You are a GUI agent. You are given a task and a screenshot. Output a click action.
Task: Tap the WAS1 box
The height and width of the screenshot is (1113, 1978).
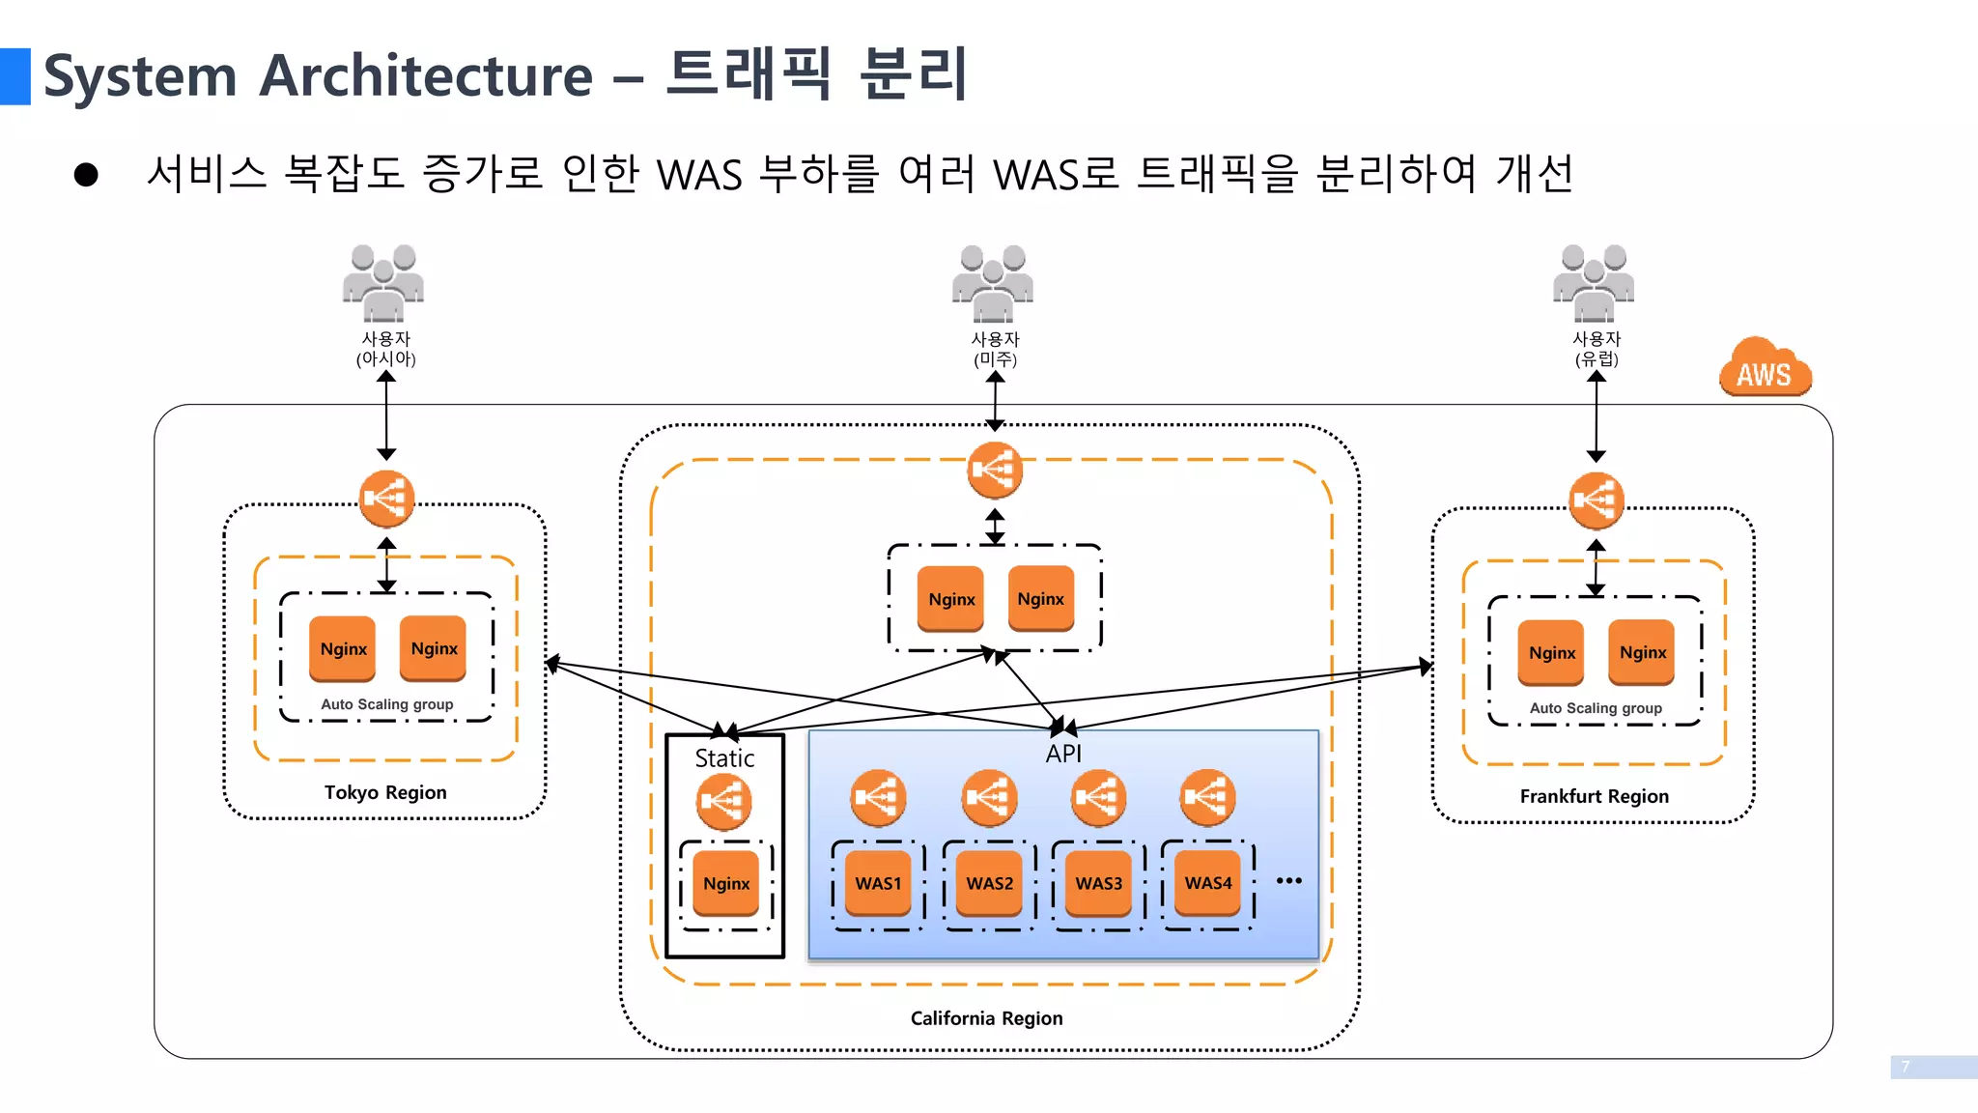(878, 883)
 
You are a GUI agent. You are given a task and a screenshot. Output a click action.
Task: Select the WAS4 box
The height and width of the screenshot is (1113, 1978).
(1208, 883)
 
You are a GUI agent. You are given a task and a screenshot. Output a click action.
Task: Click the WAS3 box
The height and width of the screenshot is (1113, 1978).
(1099, 883)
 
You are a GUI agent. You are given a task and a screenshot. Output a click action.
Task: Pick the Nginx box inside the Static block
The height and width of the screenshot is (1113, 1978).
(726, 883)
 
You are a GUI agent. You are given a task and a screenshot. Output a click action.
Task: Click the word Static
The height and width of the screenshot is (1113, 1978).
(724, 758)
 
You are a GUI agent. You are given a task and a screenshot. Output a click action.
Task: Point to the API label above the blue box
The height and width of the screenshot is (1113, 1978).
(1063, 754)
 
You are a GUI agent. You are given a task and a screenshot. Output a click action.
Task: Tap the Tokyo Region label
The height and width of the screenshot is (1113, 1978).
(385, 792)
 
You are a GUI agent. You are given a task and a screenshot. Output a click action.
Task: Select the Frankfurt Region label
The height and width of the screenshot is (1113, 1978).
(1594, 796)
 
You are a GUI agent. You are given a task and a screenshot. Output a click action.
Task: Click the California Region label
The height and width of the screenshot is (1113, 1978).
(986, 1018)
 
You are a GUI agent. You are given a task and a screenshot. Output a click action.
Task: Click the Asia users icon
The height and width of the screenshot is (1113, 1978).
(383, 282)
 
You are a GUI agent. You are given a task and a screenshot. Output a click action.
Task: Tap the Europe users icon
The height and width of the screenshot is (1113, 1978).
(1594, 282)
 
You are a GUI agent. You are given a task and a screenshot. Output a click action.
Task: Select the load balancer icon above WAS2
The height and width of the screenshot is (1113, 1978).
(989, 797)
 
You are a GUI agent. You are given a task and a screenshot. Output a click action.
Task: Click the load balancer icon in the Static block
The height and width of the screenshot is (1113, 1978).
(723, 801)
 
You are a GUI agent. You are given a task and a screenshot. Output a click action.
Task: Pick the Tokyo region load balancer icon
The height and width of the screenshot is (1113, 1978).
(386, 499)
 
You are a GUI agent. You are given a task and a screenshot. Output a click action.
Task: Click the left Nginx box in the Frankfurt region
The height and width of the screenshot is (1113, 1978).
(1551, 652)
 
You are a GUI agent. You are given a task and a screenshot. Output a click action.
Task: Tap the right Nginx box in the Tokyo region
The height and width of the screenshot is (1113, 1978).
(434, 648)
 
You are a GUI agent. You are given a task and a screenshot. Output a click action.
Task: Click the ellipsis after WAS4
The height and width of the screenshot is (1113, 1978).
(1288, 880)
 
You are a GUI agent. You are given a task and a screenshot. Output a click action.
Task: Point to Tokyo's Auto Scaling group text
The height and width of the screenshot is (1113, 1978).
(386, 704)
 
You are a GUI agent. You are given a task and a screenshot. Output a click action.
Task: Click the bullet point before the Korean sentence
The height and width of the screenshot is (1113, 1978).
(86, 175)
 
